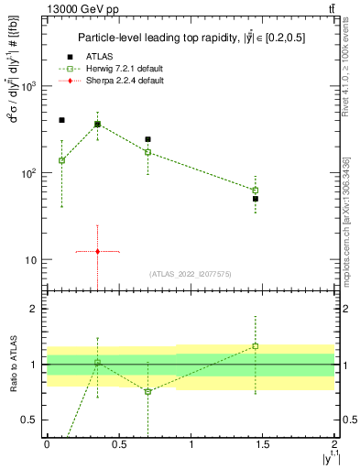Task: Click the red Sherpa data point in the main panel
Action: [97, 251]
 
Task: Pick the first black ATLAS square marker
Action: [61, 120]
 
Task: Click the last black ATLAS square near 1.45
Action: [256, 198]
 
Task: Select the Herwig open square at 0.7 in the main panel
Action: [147, 152]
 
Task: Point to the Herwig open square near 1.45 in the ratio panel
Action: [256, 346]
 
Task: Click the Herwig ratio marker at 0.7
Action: [147, 391]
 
